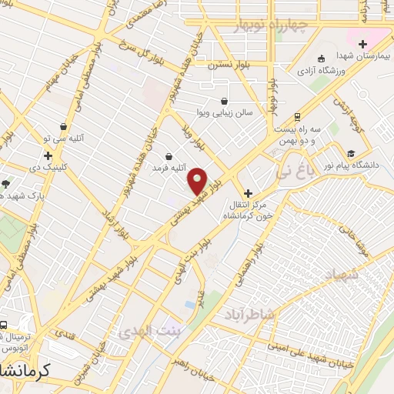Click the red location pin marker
click(x=197, y=181)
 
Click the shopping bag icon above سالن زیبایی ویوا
click(x=223, y=101)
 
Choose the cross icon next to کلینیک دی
click(x=48, y=155)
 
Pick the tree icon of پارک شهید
click(x=6, y=183)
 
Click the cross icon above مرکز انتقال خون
click(x=247, y=193)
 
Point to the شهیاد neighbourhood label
click(x=346, y=275)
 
